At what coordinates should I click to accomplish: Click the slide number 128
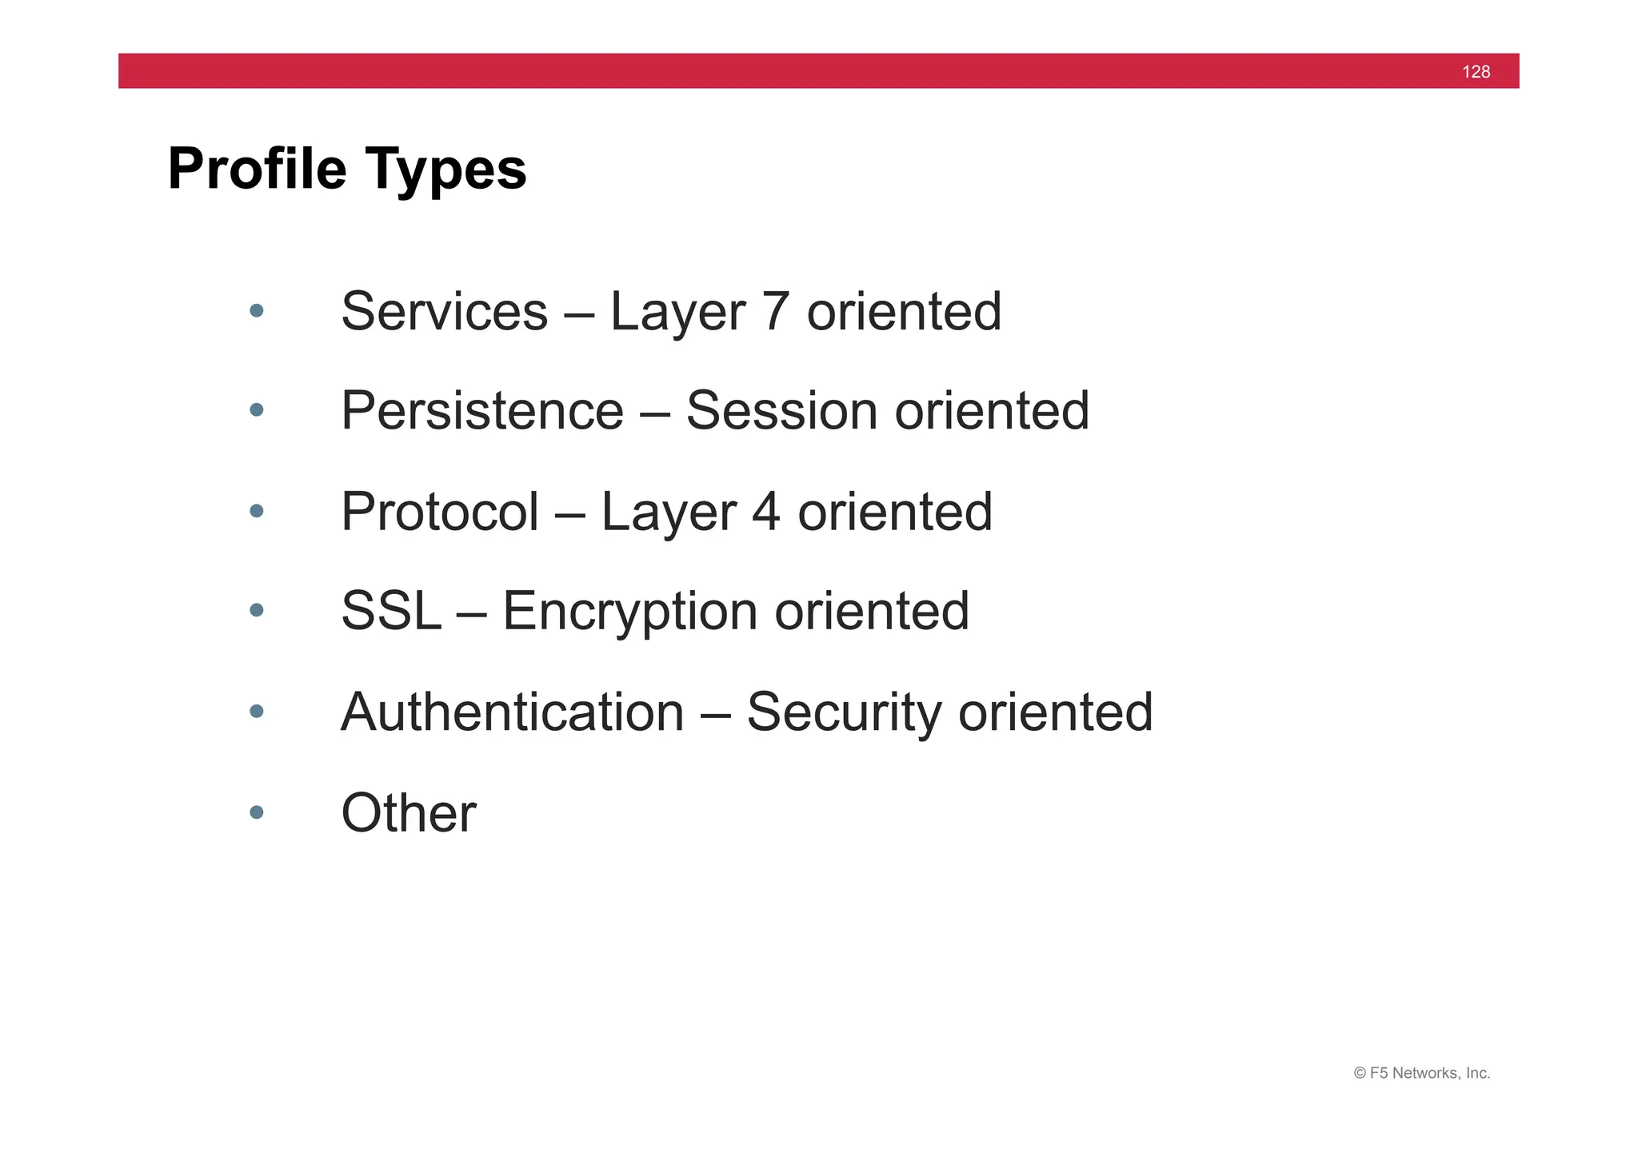click(1476, 72)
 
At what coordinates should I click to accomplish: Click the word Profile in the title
click(257, 170)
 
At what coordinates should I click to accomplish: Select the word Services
click(444, 311)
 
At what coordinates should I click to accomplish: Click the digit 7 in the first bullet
click(776, 311)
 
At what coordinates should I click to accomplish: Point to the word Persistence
click(481, 411)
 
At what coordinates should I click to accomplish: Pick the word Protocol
click(439, 512)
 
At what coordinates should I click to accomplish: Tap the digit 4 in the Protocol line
click(765, 512)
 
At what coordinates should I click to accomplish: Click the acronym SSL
click(390, 612)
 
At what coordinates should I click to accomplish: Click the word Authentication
click(512, 712)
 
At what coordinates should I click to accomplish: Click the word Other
click(408, 813)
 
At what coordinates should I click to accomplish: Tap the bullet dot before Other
click(256, 812)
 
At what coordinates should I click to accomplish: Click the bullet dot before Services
click(256, 310)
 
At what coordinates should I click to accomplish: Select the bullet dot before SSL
click(256, 611)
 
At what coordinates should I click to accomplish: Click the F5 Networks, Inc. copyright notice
click(1421, 1073)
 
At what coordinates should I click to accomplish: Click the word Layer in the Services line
click(677, 313)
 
